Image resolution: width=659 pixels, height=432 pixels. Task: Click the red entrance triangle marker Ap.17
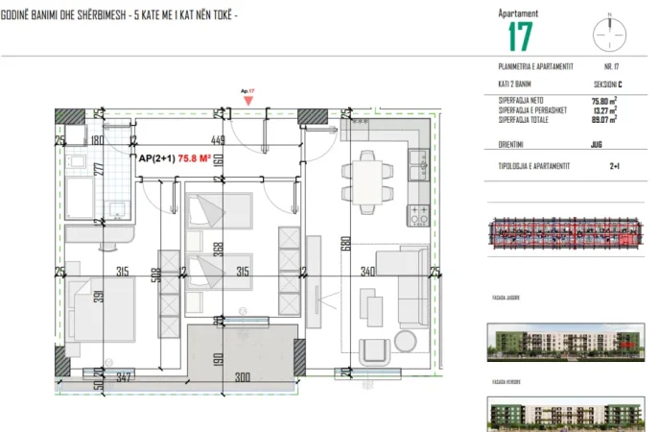click(249, 99)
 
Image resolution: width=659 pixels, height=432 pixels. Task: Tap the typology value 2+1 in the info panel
click(614, 166)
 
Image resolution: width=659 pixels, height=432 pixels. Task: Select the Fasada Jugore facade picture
click(563, 339)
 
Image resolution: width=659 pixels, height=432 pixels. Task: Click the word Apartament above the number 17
click(518, 13)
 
